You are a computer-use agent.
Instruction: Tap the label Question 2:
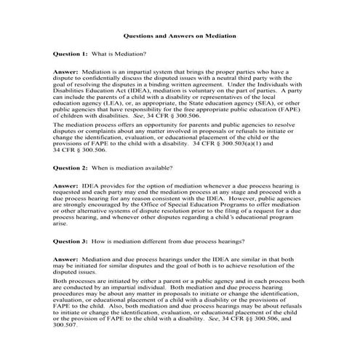click(71, 167)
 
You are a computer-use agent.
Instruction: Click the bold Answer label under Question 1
click(66, 73)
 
